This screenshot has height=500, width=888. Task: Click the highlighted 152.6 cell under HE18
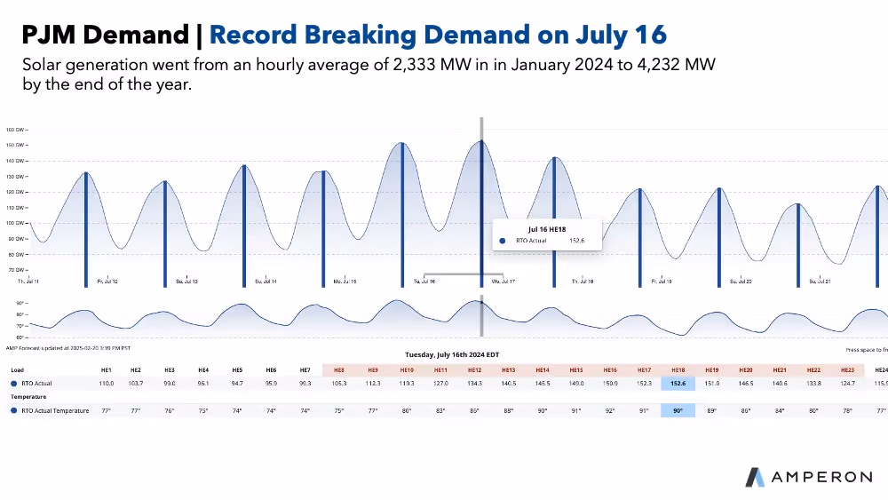678,383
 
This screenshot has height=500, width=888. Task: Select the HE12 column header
474,369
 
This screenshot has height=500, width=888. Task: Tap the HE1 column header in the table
106,369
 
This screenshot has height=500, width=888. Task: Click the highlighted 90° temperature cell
678,410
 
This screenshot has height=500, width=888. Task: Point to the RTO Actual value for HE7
305,383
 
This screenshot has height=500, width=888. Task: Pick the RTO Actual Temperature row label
55,410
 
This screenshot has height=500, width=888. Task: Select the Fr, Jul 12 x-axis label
107,282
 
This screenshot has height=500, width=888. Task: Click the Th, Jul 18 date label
582,282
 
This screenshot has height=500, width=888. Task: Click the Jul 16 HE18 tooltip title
546,228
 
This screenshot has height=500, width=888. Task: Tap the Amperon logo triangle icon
755,477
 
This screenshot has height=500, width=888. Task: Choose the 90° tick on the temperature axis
20,303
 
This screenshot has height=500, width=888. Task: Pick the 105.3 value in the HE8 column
338,383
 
